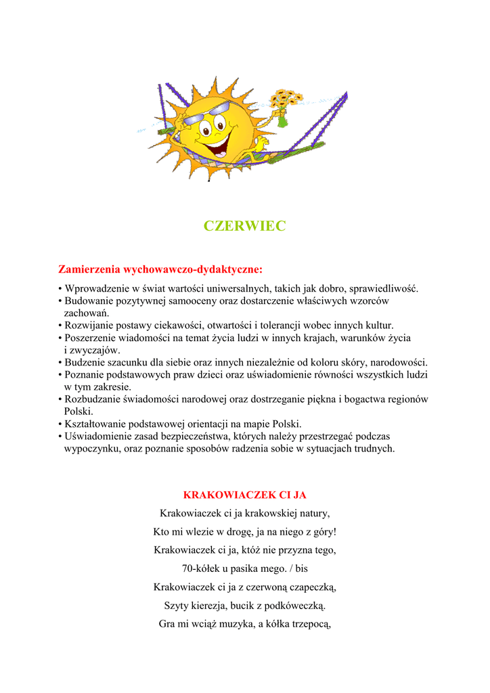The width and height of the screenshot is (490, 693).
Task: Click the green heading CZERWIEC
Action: pyautogui.click(x=245, y=226)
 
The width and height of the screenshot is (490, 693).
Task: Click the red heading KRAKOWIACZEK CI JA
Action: pyautogui.click(x=245, y=495)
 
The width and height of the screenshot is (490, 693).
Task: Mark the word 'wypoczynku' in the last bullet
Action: pyautogui.click(x=92, y=448)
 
